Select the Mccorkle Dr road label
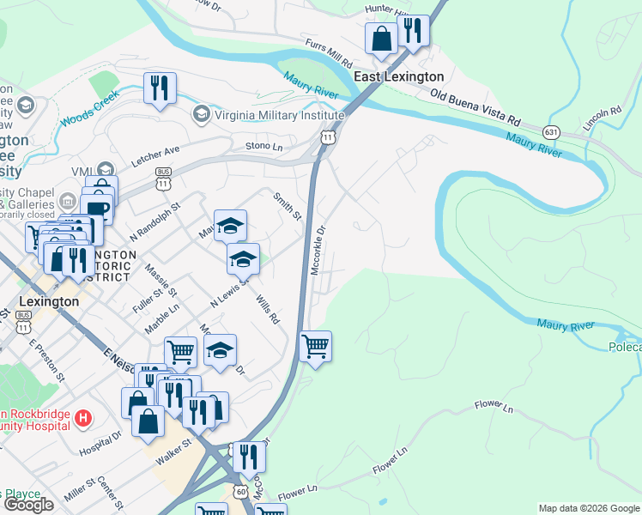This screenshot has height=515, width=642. pos(318,250)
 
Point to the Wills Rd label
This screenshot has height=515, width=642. pos(268,310)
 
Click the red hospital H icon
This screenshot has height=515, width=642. pos(83,419)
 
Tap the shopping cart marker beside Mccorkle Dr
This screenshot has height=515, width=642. pos(316,347)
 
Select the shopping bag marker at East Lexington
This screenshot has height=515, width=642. pos(380,39)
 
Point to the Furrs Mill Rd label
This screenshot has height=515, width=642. pos(329,53)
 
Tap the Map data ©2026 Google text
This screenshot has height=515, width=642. pos(589,508)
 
